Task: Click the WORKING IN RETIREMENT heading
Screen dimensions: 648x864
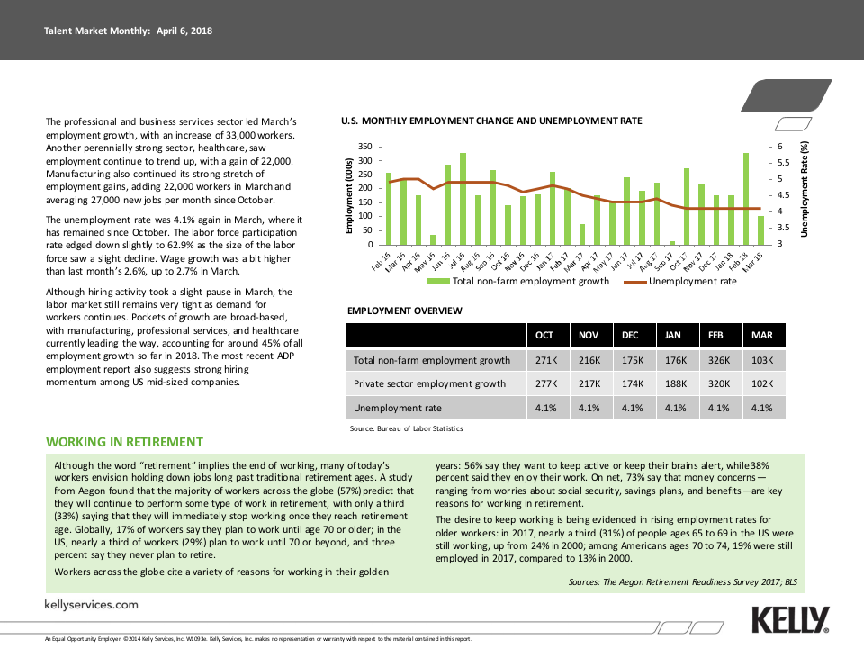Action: point(125,442)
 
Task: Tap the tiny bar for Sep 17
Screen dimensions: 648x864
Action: point(672,242)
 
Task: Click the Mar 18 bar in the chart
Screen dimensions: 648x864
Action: point(761,230)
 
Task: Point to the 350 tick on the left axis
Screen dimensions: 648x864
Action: point(364,147)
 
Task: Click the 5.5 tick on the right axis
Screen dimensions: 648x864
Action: point(782,163)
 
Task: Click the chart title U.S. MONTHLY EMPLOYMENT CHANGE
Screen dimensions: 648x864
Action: point(491,121)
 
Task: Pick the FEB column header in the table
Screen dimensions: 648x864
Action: point(716,335)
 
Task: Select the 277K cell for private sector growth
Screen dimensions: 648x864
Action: point(545,383)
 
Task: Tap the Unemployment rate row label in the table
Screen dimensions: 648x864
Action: point(398,408)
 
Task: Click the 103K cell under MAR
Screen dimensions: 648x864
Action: point(761,360)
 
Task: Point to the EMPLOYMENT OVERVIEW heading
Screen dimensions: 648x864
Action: point(405,310)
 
